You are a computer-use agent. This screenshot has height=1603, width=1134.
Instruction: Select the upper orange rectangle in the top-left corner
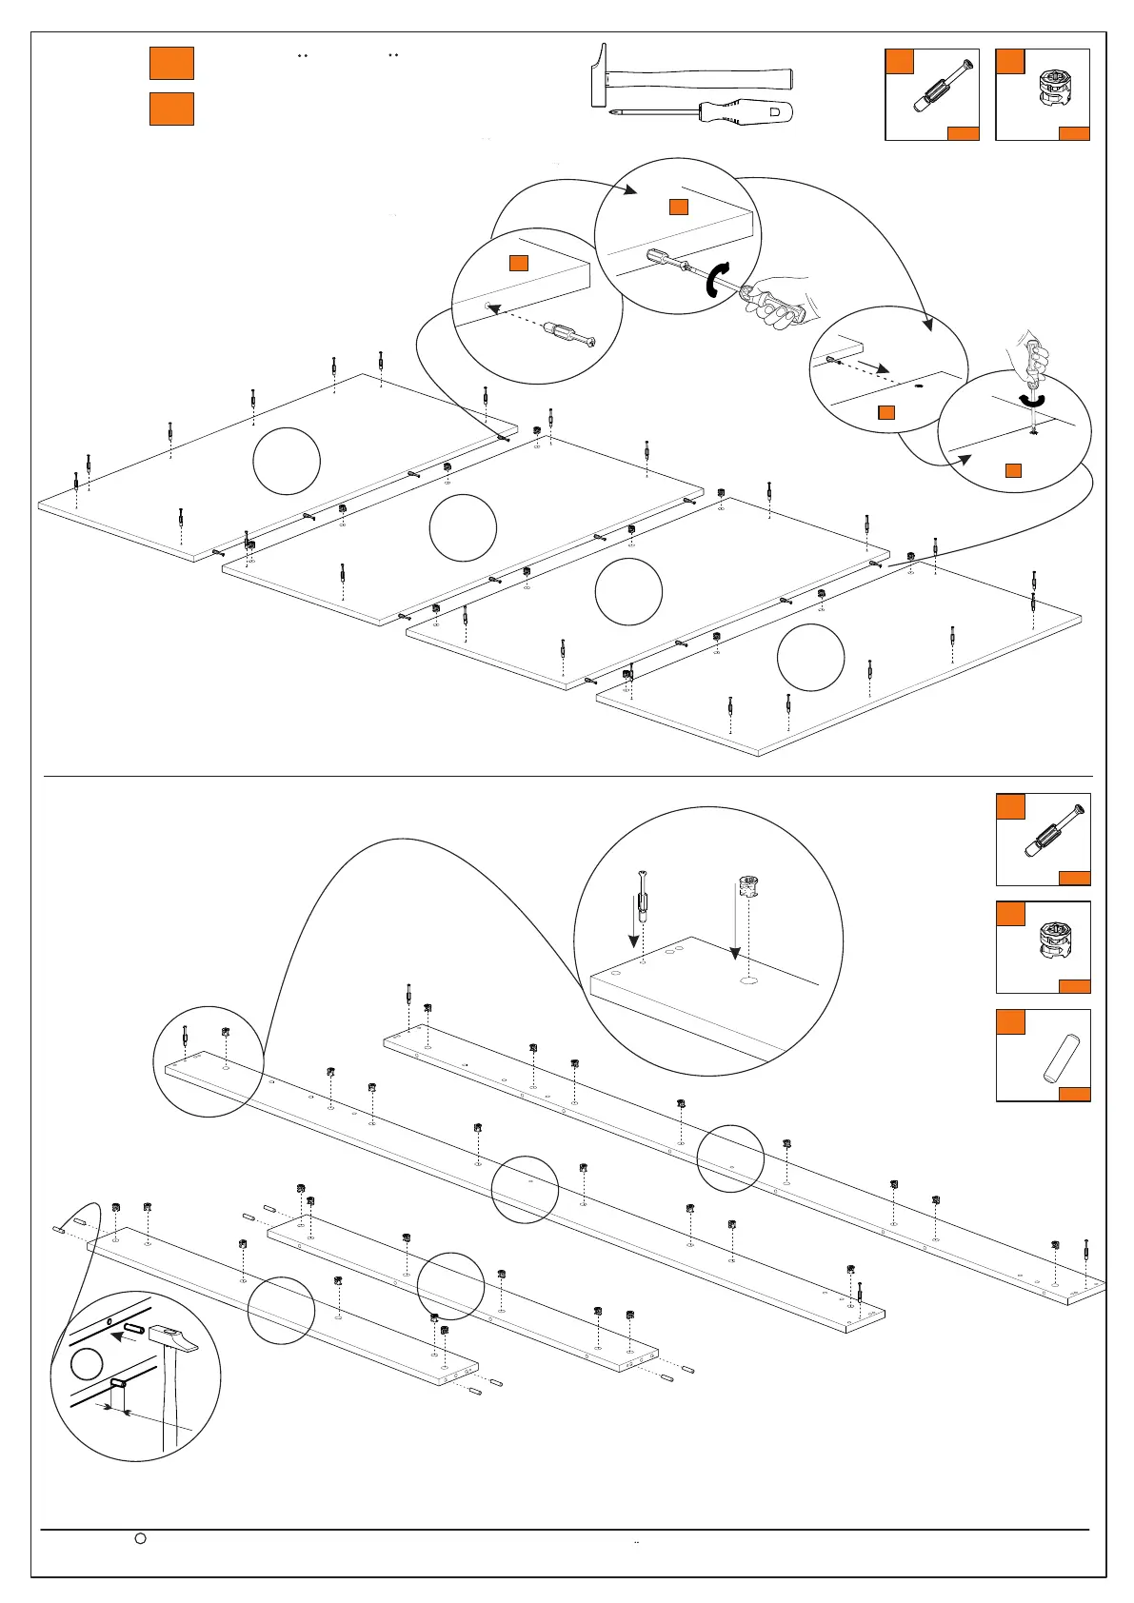pyautogui.click(x=171, y=63)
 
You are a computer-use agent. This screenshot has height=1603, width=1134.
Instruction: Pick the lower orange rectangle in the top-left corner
pyautogui.click(x=171, y=109)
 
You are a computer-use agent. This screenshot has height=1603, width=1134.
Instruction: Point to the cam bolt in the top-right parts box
pyautogui.click(x=940, y=88)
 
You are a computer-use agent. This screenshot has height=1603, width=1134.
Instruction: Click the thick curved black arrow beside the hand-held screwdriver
pyautogui.click(x=716, y=279)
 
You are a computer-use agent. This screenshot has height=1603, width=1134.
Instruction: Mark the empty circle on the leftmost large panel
pyautogui.click(x=287, y=461)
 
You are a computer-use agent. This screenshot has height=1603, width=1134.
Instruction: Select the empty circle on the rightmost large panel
pyautogui.click(x=810, y=657)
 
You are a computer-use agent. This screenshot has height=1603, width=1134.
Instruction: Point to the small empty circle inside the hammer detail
pyautogui.click(x=87, y=1363)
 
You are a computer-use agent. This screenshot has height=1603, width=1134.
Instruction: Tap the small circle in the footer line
pyautogui.click(x=140, y=1537)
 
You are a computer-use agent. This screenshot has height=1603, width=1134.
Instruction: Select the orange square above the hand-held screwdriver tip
pyautogui.click(x=678, y=207)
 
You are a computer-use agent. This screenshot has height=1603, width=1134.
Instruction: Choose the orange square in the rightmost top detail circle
pyautogui.click(x=1013, y=470)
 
